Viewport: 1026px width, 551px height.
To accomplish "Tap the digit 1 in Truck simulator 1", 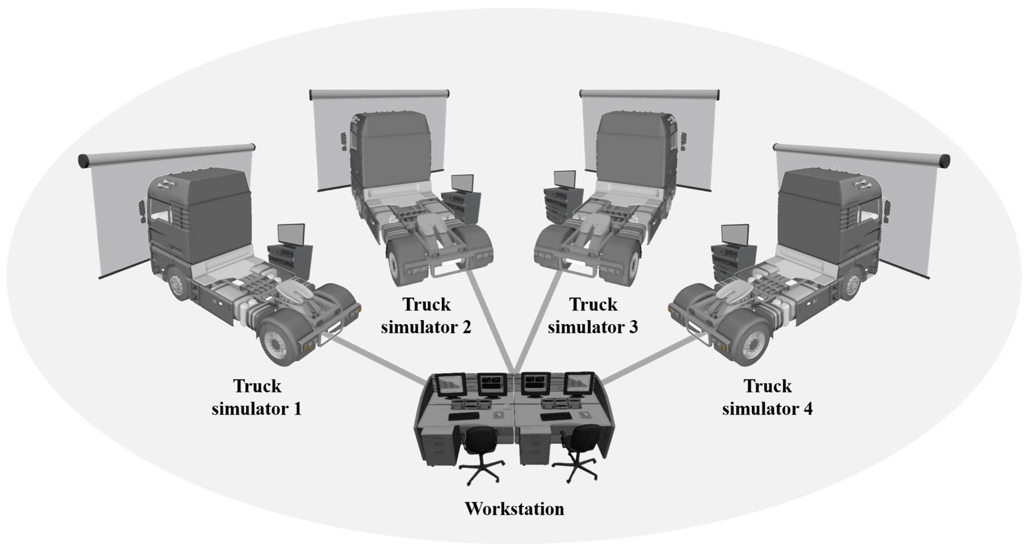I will pos(297,409).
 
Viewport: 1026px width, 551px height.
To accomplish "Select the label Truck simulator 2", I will pos(426,316).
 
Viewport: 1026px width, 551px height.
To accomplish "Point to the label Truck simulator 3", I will pos(593,316).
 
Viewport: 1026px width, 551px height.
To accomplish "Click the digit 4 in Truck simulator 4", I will pos(808,409).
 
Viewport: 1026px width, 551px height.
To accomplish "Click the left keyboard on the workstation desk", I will pos(464,416).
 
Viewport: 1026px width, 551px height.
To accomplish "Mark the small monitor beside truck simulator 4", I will pos(735,235).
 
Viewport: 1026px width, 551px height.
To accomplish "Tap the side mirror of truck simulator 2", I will pos(343,141).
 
